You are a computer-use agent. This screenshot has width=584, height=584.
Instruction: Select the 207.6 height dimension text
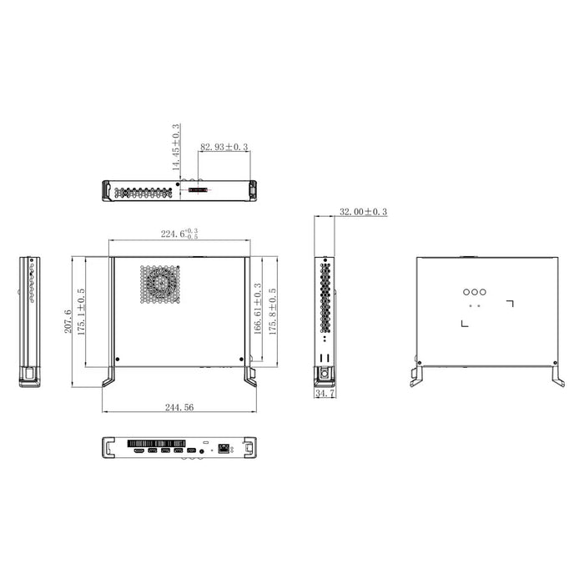pos(68,322)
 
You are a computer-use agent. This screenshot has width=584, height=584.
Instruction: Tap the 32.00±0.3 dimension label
pos(364,213)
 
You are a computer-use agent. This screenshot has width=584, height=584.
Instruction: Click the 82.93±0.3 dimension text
pos(224,148)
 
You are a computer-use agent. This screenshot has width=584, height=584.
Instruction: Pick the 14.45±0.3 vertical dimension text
pos(175,148)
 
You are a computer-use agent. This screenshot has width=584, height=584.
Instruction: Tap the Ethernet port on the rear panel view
pos(225,451)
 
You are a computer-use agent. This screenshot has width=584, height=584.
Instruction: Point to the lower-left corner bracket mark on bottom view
pos(464,324)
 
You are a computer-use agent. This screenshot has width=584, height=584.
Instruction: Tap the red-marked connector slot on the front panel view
pos(199,191)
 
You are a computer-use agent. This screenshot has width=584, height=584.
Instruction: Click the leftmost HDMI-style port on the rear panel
pos(136,451)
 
